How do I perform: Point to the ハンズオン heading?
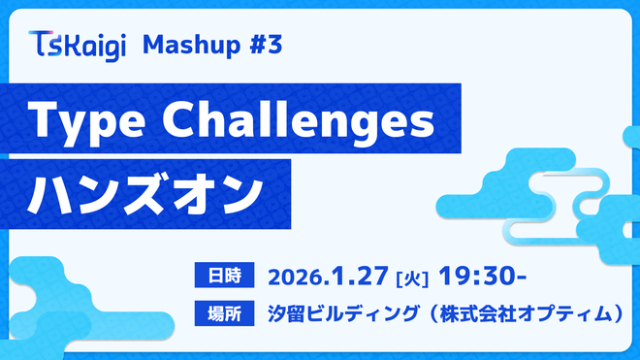(145, 190)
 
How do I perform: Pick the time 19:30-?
(482, 276)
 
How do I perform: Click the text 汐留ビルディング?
(339, 312)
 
